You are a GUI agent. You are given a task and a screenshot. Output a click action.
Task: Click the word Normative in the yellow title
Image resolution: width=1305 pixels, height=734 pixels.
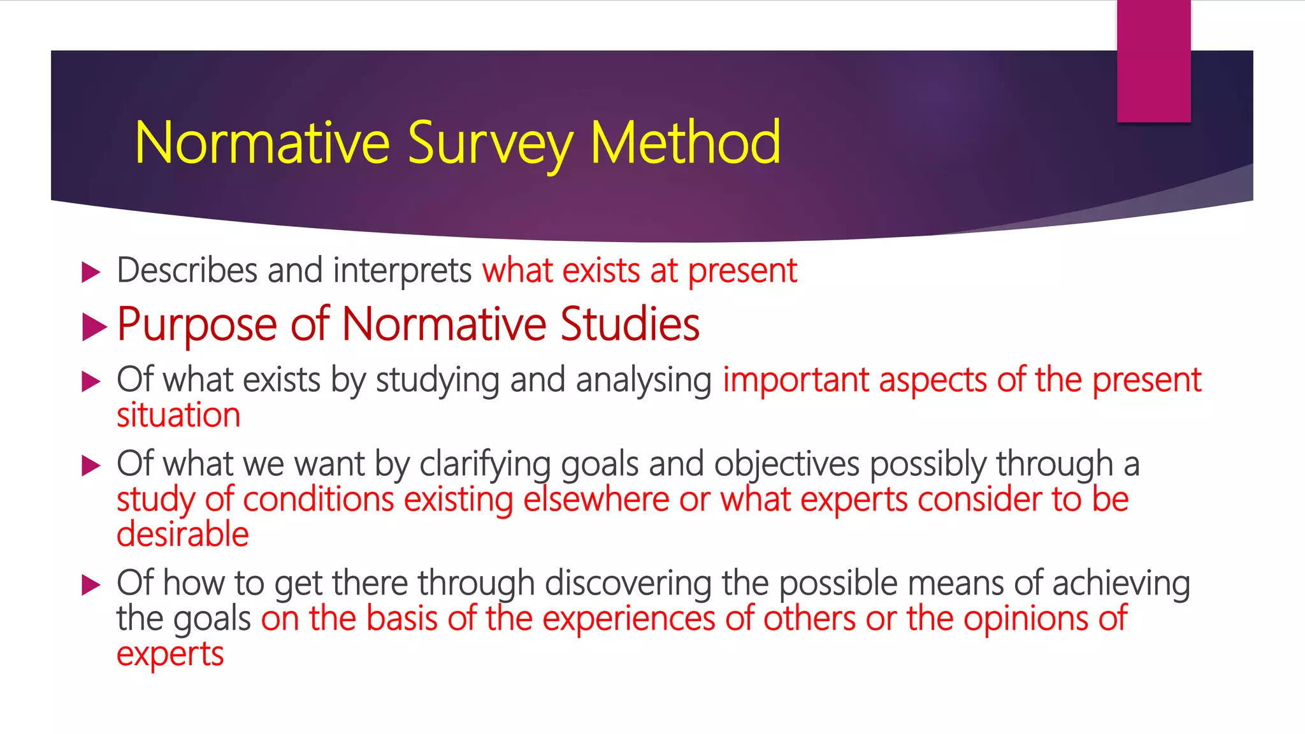coord(262,143)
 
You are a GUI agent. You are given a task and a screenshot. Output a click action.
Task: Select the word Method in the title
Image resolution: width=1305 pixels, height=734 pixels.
coord(685,143)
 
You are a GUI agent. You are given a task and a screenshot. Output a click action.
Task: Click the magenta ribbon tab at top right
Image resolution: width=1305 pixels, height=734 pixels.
coord(1153,61)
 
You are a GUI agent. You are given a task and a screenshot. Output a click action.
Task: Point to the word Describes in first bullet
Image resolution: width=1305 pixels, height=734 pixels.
coord(187,270)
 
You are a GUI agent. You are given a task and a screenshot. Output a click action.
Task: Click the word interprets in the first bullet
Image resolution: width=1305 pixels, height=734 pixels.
coord(402,271)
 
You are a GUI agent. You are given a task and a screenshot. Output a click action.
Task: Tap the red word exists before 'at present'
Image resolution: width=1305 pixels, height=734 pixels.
coord(601,271)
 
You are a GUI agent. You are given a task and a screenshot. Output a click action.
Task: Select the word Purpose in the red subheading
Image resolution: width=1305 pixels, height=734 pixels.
coord(197,326)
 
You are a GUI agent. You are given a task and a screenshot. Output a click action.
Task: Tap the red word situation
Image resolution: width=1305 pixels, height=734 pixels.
coord(178,415)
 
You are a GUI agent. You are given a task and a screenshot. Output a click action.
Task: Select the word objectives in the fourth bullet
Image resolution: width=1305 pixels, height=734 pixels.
coord(786,464)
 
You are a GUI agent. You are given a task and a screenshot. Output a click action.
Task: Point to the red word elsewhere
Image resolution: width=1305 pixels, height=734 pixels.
coord(596,500)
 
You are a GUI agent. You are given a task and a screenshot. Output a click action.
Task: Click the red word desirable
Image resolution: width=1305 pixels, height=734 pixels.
coord(182,535)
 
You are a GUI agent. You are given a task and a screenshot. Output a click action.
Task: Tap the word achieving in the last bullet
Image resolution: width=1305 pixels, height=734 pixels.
coord(1121,584)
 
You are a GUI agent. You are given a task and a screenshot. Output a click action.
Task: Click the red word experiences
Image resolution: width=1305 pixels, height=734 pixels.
coord(629,619)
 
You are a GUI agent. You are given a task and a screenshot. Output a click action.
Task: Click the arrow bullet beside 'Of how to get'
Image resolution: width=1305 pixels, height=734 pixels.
coord(92,585)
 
